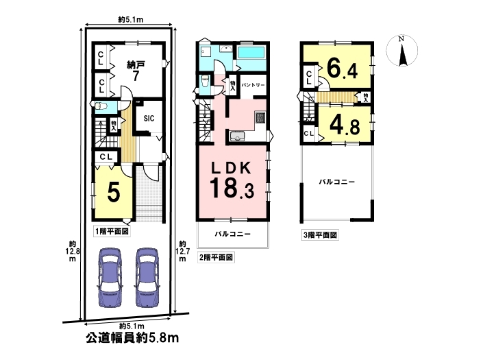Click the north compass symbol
[x=401, y=50]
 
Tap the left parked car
[x=110, y=277]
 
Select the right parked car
[x=147, y=277]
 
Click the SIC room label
[x=149, y=119]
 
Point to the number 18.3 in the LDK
[x=232, y=188]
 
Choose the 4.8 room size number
[x=345, y=125]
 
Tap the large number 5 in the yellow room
[x=113, y=192]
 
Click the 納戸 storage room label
[x=136, y=65]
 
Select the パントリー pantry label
[x=253, y=85]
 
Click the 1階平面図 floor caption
[x=112, y=231]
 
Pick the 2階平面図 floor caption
[x=216, y=257]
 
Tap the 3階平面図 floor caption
[x=320, y=235]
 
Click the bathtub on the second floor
[x=251, y=52]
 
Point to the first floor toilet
[x=101, y=107]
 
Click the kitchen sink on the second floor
[x=237, y=136]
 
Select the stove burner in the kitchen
[x=260, y=118]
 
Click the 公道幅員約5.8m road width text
[x=132, y=339]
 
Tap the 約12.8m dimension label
[x=72, y=252]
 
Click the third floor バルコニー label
[x=336, y=182]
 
